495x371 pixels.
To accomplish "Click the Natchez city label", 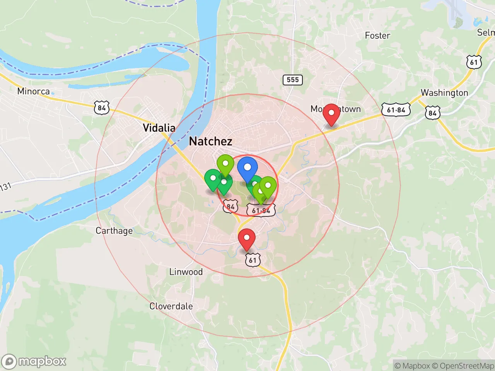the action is pos(211,141).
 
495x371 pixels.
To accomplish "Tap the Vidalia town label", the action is pos(159,128).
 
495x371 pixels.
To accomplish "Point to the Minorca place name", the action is pos(34,92).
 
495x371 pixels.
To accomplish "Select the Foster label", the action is pos(377,36).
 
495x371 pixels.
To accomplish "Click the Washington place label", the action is pos(444,93).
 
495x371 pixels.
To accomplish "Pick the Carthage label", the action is pos(114,231).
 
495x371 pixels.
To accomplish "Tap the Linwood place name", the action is pos(186,272).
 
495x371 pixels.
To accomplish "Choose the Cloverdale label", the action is pos(171,306).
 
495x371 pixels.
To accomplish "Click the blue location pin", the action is pos(247,169).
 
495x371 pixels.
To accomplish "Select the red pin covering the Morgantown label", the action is pos(331,114).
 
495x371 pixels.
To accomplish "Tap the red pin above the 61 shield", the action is pos(247,239).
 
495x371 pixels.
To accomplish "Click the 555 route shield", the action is pos(293,80).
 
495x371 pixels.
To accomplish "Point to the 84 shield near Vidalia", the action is pos(102,108).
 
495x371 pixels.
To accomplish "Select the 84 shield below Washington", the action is pos(432,113).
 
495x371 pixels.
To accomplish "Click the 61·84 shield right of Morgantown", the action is pos(396,110).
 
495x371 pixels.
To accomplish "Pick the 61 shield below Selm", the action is pos(474,62).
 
